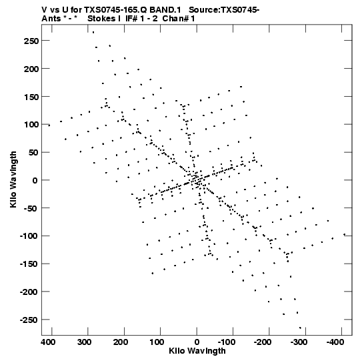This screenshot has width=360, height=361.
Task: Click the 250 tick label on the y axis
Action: pos(31,41)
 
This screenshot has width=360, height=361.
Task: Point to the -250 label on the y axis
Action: pos(29,320)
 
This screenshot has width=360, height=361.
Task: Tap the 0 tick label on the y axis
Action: pos(35,180)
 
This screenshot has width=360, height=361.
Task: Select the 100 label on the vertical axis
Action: pos(31,125)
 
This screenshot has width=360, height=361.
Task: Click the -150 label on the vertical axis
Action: pos(29,264)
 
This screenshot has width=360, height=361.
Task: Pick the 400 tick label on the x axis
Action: pos(48,342)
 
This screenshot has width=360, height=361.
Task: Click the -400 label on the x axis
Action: pos(335,342)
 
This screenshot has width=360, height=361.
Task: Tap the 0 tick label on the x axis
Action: pos(197,342)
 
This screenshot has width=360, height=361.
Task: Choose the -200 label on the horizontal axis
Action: pos(263,342)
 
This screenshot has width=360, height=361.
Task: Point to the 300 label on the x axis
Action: pos(85,342)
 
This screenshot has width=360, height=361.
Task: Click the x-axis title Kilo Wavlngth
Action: pos(197,351)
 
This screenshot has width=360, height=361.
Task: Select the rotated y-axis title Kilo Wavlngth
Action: pos(13,179)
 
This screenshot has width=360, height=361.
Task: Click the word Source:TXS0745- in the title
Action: pos(224,10)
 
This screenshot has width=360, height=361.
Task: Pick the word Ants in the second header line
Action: pos(51,19)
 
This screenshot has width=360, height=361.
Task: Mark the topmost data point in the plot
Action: pos(93,33)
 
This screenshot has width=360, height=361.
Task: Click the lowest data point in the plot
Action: pos(300,328)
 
